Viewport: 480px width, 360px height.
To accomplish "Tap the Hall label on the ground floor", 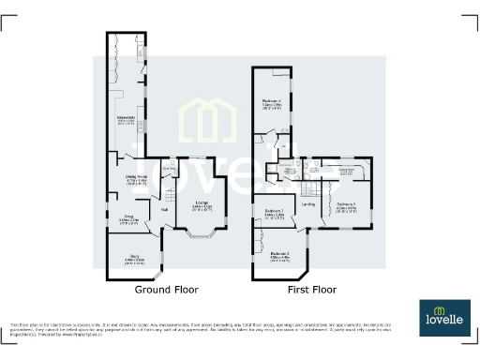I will pos(164,210).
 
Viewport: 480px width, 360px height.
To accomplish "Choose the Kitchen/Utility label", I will pos(127,119).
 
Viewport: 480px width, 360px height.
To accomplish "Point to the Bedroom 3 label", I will pos(275,214).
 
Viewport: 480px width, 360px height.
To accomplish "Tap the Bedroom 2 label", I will pos(279,254).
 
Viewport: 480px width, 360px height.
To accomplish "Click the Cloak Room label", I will pos(170,169).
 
